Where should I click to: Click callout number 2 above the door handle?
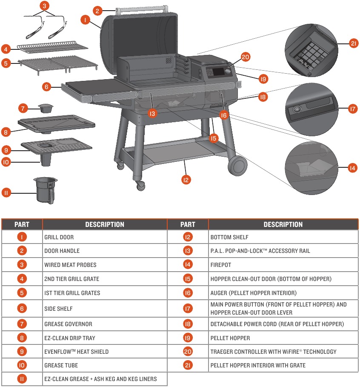click(97, 11)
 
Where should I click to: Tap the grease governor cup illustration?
click(44, 108)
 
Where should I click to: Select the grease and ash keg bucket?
click(45, 190)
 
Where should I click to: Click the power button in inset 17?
click(297, 110)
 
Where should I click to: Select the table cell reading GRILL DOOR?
click(105, 237)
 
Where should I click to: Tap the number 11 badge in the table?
click(22, 379)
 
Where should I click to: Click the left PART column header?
click(22, 224)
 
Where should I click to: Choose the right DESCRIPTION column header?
click(283, 224)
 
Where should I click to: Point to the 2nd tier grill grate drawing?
click(53, 46)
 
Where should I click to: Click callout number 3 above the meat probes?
click(44, 6)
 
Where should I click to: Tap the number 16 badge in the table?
click(188, 293)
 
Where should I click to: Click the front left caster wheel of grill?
click(140, 185)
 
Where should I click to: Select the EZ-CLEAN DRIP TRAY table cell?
click(105, 338)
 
